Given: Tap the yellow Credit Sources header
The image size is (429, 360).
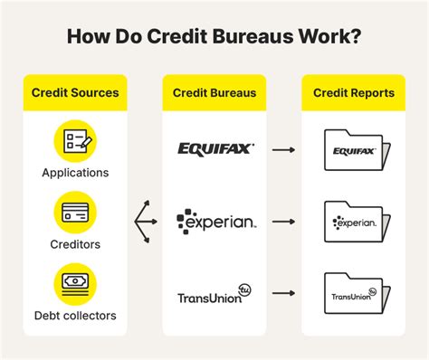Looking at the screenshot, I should (x=75, y=92).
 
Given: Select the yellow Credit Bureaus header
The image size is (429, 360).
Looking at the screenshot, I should (x=214, y=92).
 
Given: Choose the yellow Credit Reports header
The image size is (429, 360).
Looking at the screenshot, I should (x=354, y=92).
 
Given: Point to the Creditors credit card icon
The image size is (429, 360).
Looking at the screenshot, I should (x=75, y=213).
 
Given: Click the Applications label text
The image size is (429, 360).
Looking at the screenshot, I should (x=75, y=172).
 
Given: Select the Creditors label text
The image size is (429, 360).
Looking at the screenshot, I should (x=75, y=244).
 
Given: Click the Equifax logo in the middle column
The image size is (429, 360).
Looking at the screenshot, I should (x=215, y=148).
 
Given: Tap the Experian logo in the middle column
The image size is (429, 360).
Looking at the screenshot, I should (x=215, y=220).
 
